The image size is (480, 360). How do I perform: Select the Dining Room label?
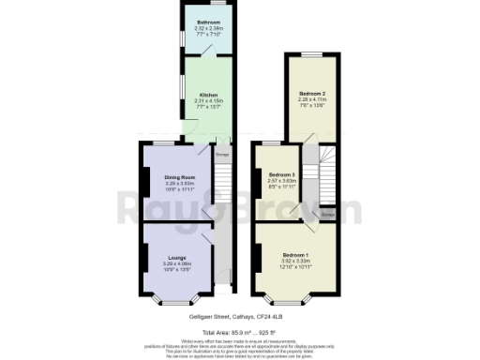[178, 177]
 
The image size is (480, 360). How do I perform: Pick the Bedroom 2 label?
[310, 94]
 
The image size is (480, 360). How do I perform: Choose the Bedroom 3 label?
[281, 175]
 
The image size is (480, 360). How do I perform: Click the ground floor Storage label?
[222, 155]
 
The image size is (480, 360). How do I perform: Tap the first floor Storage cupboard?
[327, 214]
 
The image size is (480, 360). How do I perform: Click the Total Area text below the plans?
[240, 333]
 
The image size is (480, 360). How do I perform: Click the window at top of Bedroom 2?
[310, 54]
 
